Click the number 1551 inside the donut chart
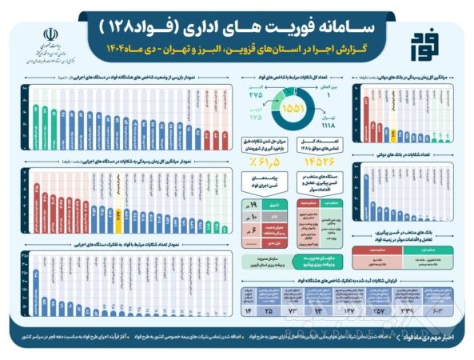293,106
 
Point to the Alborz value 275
256,94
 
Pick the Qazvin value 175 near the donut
256,118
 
